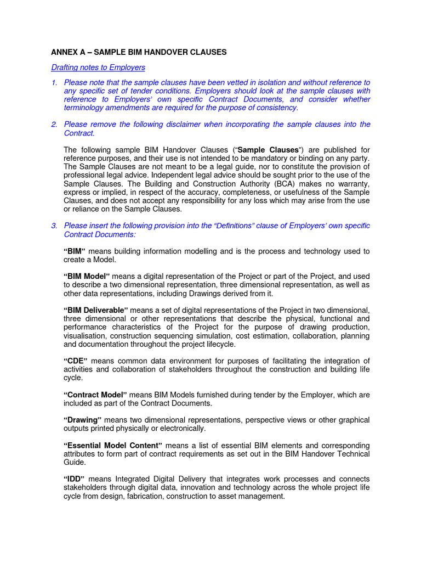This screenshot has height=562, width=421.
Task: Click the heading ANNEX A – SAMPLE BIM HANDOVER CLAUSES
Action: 139,52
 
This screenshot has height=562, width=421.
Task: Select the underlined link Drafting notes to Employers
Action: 98,68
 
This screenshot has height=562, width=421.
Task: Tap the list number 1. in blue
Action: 54,82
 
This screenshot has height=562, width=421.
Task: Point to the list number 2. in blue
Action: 54,125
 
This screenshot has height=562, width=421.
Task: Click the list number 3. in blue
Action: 54,226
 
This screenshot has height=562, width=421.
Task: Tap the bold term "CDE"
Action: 76,361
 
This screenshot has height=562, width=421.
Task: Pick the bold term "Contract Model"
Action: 95,395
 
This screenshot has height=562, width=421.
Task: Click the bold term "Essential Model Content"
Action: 113,445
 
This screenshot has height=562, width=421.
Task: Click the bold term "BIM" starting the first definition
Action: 75,251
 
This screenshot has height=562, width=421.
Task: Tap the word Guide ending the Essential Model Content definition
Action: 75,462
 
